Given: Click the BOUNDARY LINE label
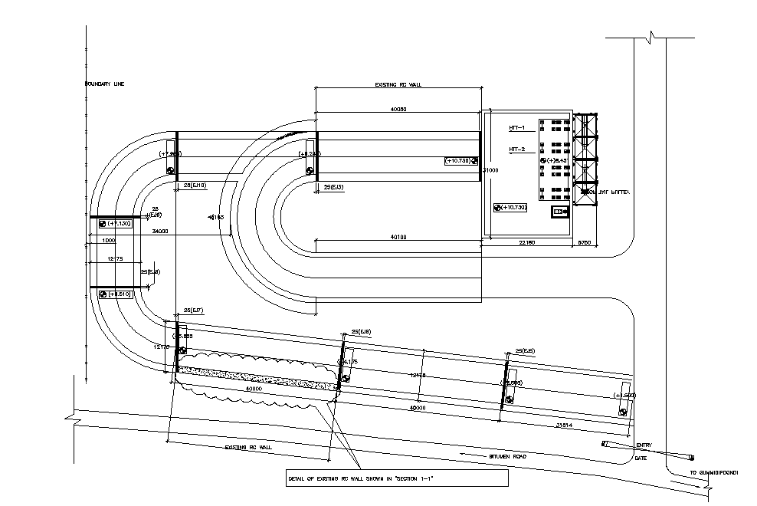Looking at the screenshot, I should tap(104, 84).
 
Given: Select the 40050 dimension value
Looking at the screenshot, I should tap(398, 110).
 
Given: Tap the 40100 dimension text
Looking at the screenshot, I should tap(398, 238).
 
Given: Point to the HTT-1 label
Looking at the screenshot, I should tap(516, 127).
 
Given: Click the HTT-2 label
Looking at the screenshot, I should tap(516, 149).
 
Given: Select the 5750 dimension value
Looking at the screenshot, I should tap(585, 243).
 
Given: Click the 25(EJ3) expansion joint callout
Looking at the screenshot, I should tap(333, 187).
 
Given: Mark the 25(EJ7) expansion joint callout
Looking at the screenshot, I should tap(193, 310).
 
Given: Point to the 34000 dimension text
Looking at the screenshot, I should tap(160, 231).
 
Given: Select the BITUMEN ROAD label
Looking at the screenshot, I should tap(508, 457).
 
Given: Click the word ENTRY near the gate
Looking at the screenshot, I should tap(644, 445).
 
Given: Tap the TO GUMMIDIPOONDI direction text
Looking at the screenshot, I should tap(713, 473).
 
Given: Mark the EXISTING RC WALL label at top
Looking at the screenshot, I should tap(398, 85).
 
